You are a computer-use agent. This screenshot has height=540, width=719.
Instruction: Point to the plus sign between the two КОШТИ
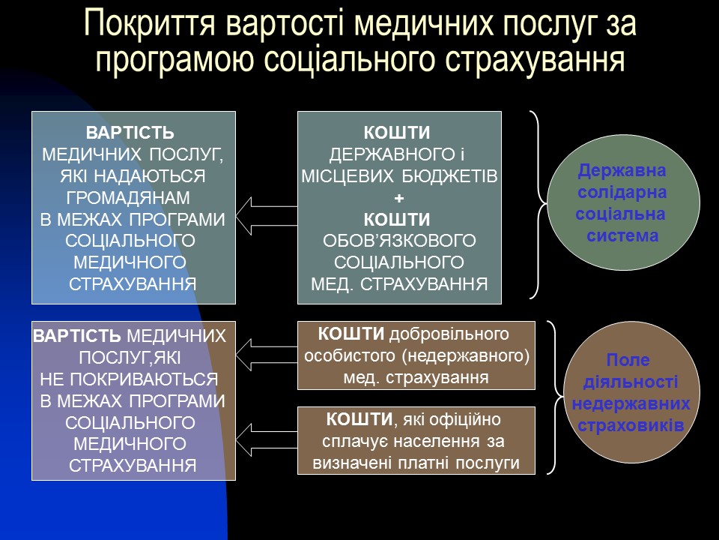[x=399, y=199]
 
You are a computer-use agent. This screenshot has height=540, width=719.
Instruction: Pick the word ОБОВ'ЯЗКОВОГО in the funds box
[x=399, y=241]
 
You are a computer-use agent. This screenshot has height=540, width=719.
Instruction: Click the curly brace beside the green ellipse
[x=538, y=204]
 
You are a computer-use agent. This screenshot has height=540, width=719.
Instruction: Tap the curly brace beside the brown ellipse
[x=553, y=397]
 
